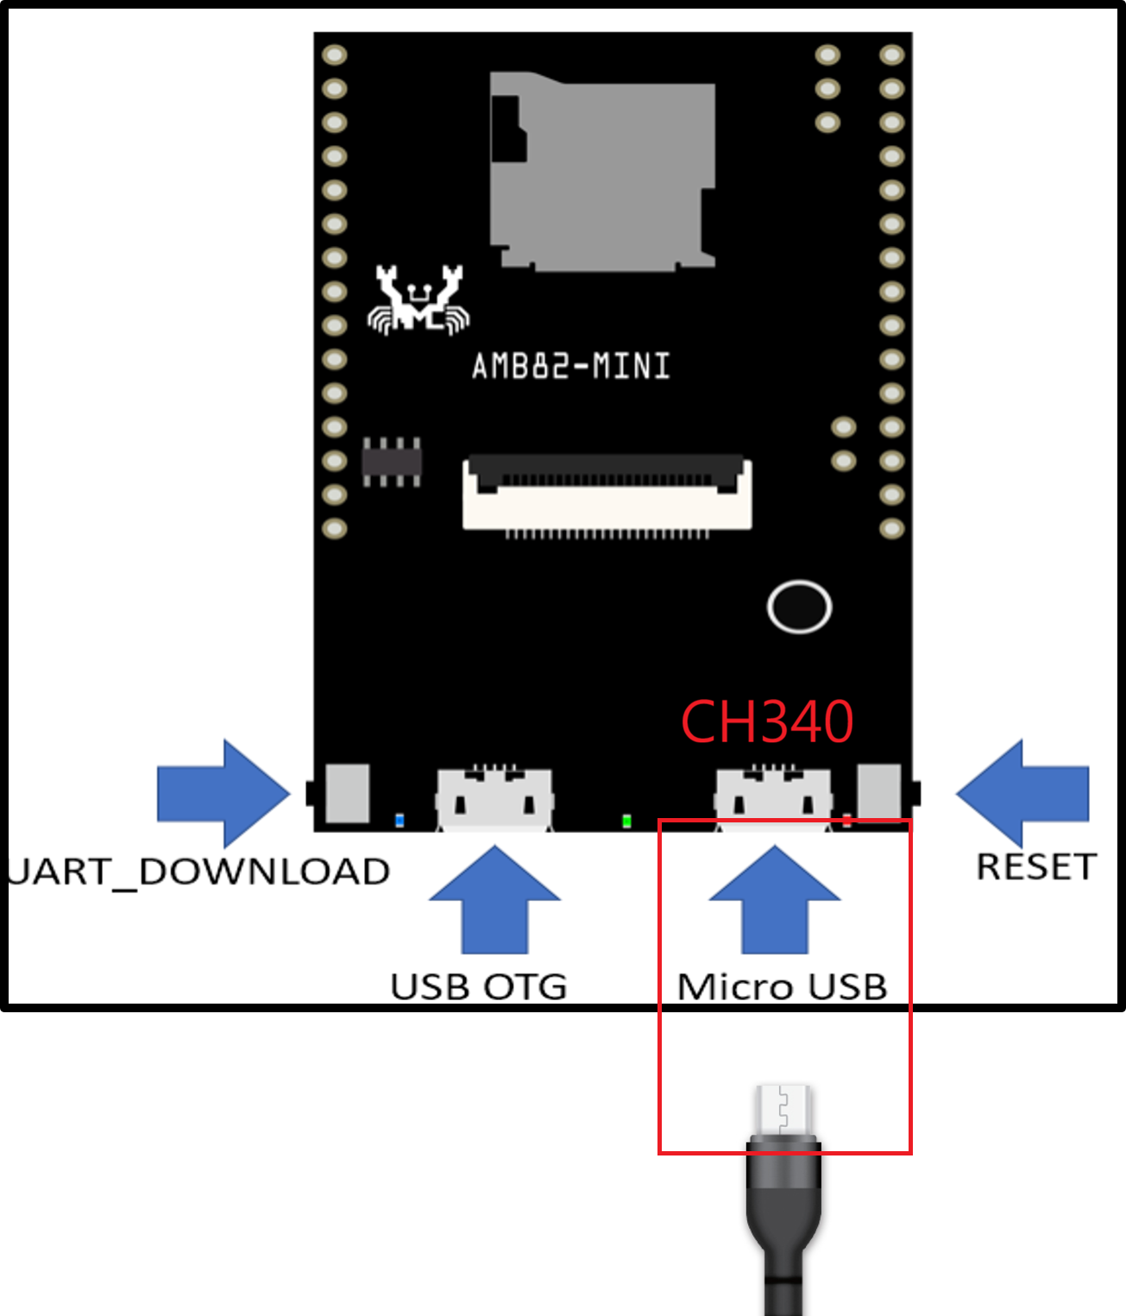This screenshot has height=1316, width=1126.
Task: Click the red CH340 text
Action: tap(766, 721)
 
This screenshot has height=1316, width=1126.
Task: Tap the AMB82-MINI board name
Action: tap(570, 367)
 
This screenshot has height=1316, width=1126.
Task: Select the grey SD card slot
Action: tap(602, 171)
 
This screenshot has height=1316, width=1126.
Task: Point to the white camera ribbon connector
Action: tap(607, 493)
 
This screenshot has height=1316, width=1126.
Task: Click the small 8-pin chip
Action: tap(392, 462)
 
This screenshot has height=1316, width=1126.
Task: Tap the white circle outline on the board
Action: tap(799, 607)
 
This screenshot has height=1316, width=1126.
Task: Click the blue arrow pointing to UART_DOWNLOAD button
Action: tap(223, 793)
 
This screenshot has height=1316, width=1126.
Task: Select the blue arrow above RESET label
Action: tap(1022, 793)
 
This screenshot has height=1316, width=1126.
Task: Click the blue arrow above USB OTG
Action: tap(494, 901)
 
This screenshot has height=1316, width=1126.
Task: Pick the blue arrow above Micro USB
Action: tap(774, 901)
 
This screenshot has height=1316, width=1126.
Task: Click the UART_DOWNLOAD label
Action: tap(198, 872)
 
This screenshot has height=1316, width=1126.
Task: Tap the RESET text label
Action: tap(1035, 866)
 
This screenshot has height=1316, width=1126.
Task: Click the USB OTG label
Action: tap(479, 986)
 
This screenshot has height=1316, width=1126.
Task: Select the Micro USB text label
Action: tap(782, 986)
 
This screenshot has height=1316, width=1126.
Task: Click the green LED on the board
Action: tap(626, 821)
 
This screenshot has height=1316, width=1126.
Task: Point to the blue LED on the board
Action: tap(399, 820)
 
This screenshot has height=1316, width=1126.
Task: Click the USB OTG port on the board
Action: tap(494, 798)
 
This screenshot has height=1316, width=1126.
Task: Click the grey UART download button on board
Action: tap(348, 792)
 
